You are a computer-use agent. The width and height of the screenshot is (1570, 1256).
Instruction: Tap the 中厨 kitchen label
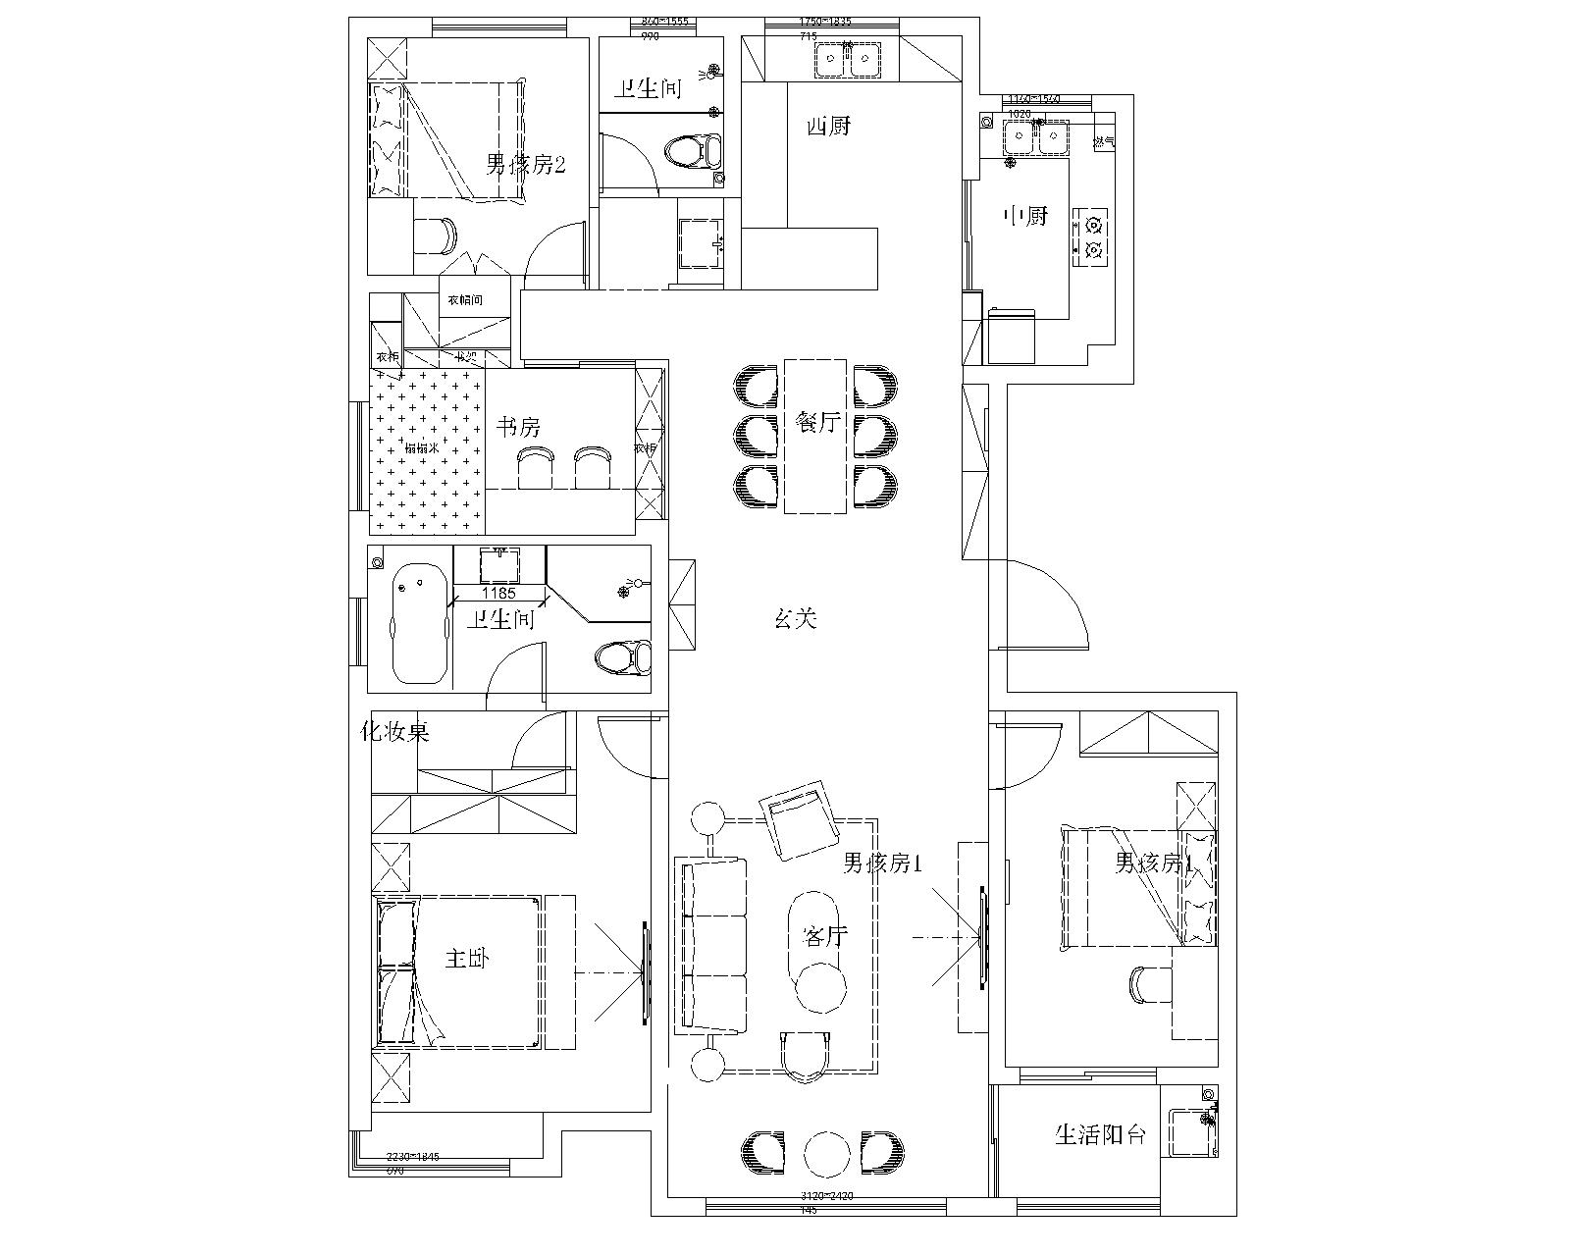tap(1025, 216)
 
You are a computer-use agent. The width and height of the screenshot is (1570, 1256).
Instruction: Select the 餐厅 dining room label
tap(816, 424)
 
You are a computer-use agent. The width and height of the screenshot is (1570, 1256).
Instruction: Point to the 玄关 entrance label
tap(795, 619)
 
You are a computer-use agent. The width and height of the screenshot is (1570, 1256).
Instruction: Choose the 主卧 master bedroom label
tap(466, 958)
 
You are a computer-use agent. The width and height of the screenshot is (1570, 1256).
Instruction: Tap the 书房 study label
tap(517, 427)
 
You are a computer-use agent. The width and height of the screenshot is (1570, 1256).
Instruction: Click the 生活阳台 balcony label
tap(1100, 1135)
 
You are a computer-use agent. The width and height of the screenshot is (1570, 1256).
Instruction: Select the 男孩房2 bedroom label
tap(526, 164)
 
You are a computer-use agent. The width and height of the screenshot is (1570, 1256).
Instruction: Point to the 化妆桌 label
tap(395, 732)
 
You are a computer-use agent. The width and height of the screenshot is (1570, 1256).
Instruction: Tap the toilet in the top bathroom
tap(692, 151)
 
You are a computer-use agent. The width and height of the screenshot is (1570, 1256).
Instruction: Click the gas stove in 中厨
tap(1092, 236)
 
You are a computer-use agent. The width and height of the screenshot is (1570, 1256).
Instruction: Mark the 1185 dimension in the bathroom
tap(497, 594)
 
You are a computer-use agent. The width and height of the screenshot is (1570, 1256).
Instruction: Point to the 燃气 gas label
tap(1104, 142)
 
